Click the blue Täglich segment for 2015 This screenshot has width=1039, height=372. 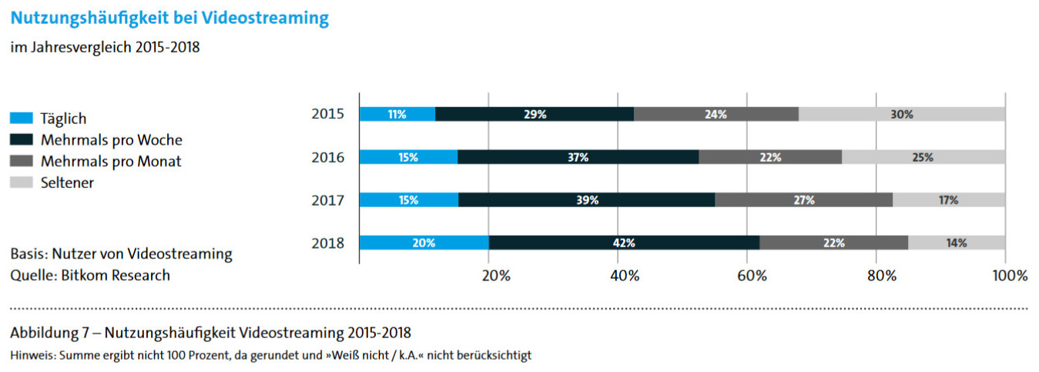coord(397,114)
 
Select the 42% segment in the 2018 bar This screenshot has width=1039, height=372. coord(624,243)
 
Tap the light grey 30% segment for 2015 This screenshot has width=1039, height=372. coord(901,114)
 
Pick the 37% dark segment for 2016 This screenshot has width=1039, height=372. coord(578,157)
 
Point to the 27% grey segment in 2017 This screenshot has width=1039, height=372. coord(803,200)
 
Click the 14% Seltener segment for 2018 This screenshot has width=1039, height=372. coord(957,243)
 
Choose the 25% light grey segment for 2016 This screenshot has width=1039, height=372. coord(923,157)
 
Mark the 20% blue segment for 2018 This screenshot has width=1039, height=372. coord(424,243)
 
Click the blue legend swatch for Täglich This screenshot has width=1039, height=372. coord(22,119)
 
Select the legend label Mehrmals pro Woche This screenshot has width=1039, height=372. coord(111,140)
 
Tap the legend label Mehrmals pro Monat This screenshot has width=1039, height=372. coord(111,162)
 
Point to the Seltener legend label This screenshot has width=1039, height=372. coord(67,183)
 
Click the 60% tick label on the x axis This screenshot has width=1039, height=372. coord(753,276)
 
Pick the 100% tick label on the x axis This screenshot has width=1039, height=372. coord(1010,276)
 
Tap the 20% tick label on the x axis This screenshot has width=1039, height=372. coord(495,276)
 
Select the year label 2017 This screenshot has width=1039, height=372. coord(328,200)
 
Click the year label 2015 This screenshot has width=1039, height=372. coord(328,114)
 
